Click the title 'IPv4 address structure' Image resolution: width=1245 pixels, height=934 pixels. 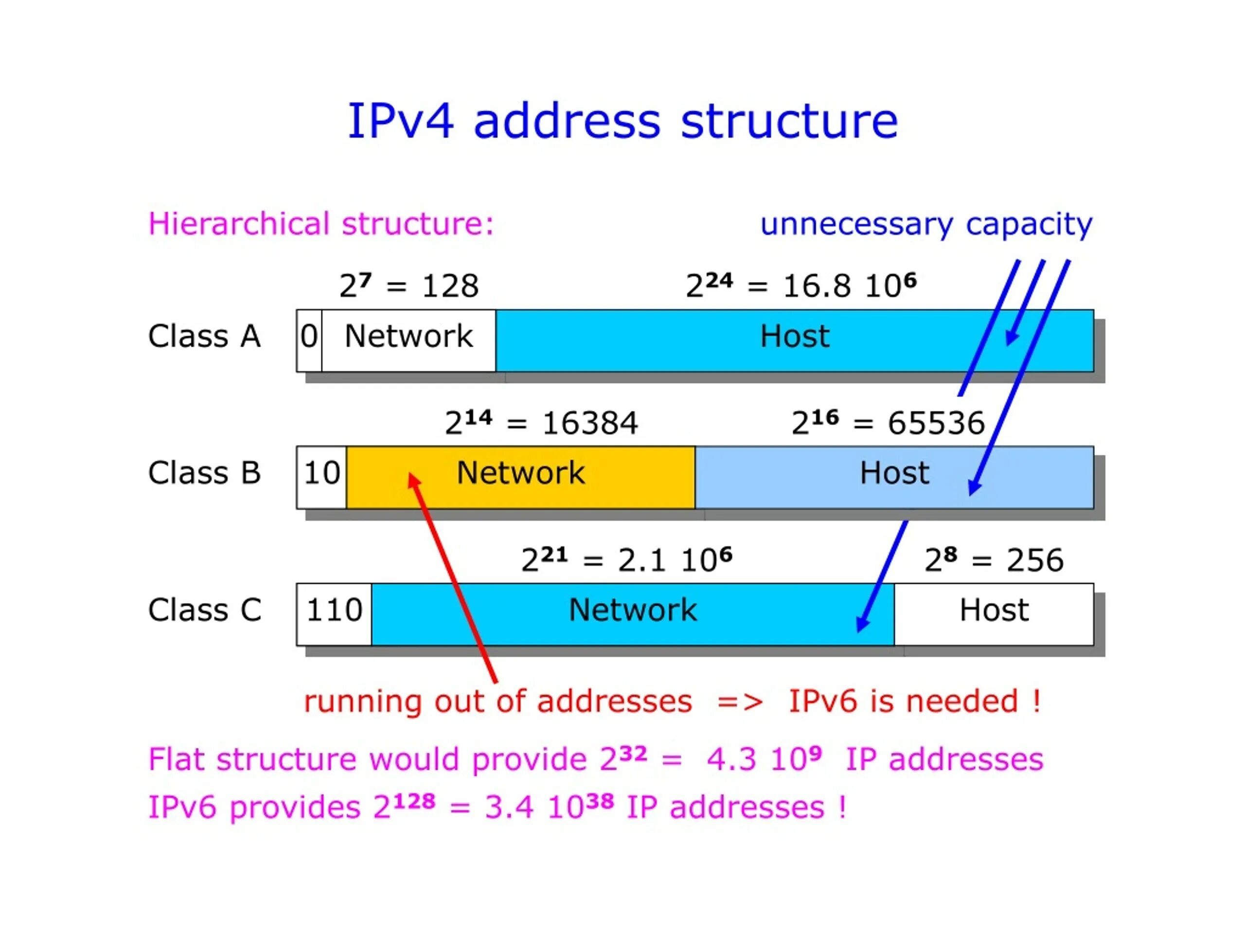tap(622, 121)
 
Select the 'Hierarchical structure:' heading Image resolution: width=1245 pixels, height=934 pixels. tap(321, 224)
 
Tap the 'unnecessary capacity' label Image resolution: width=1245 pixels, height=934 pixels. tap(926, 224)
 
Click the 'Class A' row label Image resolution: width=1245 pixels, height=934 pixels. tap(204, 337)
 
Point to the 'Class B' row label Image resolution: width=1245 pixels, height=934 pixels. tap(204, 473)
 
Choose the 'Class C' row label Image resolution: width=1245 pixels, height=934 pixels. tap(204, 611)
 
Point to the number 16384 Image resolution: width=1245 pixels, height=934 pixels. tap(590, 423)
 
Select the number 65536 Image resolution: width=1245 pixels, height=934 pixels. tap(936, 423)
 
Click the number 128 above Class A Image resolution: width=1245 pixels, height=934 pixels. tap(450, 286)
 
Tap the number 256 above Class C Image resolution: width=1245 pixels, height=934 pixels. tap(1034, 561)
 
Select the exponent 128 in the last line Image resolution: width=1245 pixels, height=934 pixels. tap(414, 801)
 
